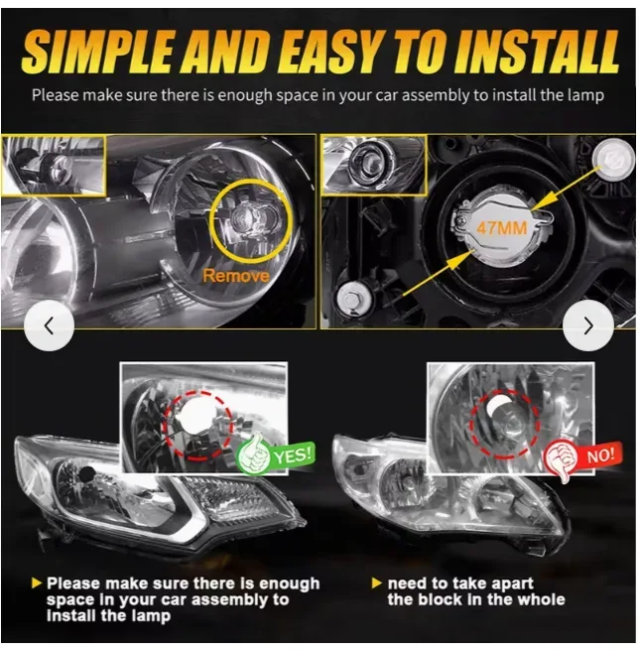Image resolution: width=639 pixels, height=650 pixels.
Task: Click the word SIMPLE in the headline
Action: pyautogui.click(x=97, y=51)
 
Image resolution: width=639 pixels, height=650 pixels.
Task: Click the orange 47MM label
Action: pyautogui.click(x=501, y=228)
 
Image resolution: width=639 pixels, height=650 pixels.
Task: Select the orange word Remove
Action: pyautogui.click(x=236, y=276)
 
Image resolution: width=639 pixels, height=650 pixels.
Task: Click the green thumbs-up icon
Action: pyautogui.click(x=253, y=454)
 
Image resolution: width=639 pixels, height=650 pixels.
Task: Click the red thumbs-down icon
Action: pyautogui.click(x=561, y=459)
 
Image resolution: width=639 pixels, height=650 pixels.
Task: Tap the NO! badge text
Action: pyautogui.click(x=600, y=455)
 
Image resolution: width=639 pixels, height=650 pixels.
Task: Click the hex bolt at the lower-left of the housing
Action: pyautogui.click(x=352, y=298)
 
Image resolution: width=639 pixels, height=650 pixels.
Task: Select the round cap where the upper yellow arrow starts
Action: pyautogui.click(x=612, y=159)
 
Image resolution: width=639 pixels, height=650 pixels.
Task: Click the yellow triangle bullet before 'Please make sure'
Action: pyautogui.click(x=37, y=584)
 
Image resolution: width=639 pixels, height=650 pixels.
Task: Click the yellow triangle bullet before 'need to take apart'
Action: pyautogui.click(x=377, y=584)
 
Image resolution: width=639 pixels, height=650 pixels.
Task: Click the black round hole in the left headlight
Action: pyautogui.click(x=86, y=473)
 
